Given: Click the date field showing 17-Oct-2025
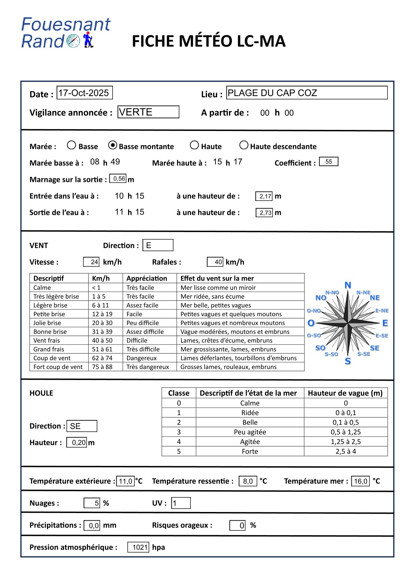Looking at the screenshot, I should (84, 93).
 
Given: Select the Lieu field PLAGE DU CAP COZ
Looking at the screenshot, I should (306, 93).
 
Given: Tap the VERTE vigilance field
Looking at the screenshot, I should (148, 112).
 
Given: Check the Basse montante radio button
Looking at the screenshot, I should (113, 145).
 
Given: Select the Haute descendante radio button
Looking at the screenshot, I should (244, 145).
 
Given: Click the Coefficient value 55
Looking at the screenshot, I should (329, 162).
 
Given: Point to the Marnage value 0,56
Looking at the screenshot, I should (118, 179).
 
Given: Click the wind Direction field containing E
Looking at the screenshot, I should (158, 245).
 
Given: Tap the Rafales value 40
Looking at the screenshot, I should (215, 262).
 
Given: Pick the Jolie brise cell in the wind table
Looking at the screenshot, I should (47, 323).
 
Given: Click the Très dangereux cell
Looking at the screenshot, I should (147, 367).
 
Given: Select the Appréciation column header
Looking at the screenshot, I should (146, 278).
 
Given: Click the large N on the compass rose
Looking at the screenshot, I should (348, 285).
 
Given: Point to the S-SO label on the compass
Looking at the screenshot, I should (331, 354).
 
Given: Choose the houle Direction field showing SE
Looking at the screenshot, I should (82, 426).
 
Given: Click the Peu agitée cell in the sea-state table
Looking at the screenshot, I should (250, 432).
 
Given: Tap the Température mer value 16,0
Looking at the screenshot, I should (360, 481).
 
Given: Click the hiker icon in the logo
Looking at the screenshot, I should (88, 39).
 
